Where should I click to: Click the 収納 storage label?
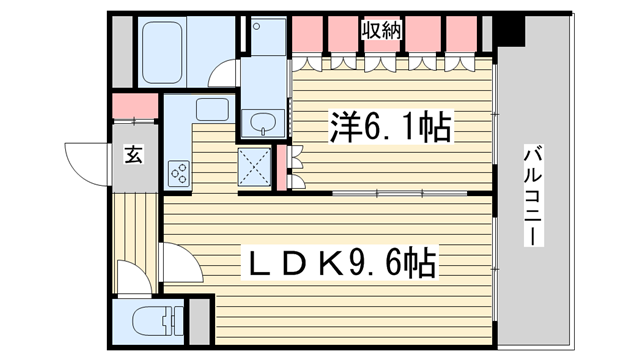(x=382, y=31)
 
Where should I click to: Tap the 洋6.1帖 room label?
(x=391, y=127)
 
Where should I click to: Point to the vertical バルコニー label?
(x=533, y=196)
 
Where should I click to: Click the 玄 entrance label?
(x=133, y=154)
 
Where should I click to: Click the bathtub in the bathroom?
(x=162, y=52)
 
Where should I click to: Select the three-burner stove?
(x=179, y=173)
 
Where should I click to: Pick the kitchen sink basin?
(x=212, y=109)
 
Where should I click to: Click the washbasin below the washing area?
(x=263, y=122)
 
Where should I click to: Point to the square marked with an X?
(x=254, y=167)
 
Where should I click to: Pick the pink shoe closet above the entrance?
(x=135, y=106)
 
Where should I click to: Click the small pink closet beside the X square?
(x=282, y=167)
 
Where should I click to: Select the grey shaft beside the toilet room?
(x=200, y=322)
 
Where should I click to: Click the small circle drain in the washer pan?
(x=256, y=27)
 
